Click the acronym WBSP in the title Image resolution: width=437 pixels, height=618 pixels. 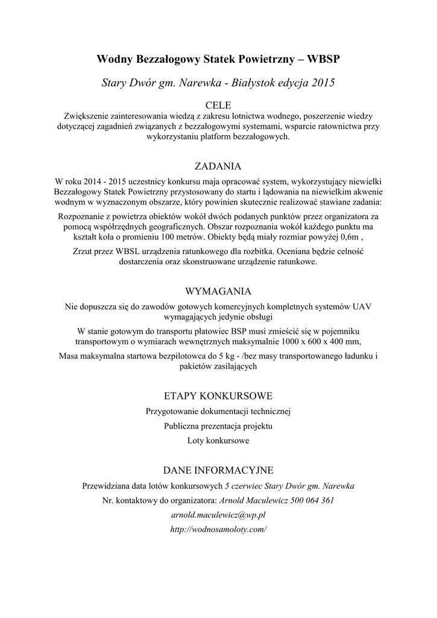pos(324,59)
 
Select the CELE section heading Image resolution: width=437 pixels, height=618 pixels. pos(218,105)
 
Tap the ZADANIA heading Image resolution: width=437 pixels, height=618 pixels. pos(218,166)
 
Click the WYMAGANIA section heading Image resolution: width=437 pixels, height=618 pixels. pos(218,291)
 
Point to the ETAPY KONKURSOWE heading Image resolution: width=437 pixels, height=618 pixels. pos(218,396)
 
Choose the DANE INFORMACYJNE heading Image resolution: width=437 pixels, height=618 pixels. pos(218,470)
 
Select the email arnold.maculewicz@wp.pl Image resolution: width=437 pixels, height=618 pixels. pos(218,515)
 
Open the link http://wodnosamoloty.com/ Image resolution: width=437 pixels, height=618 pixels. pos(218,529)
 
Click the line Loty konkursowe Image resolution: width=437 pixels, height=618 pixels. pos(218,441)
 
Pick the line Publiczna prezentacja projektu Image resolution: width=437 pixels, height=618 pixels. pos(218,426)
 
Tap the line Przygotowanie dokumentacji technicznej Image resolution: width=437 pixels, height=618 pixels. pos(218,412)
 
